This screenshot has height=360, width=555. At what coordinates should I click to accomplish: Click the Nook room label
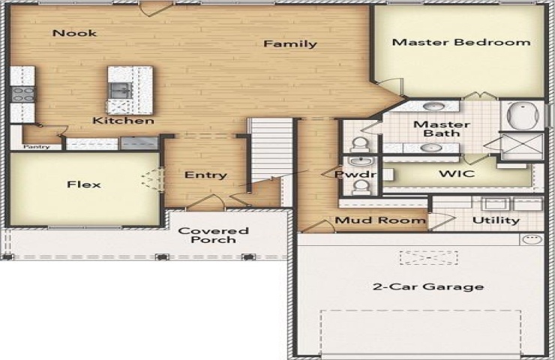(74, 33)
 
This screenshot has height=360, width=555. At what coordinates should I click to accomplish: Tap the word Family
(290, 44)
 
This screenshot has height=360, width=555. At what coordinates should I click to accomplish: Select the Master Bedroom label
(461, 43)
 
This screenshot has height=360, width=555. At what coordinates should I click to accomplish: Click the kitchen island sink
(120, 91)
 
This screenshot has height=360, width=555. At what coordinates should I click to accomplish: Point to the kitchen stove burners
(23, 94)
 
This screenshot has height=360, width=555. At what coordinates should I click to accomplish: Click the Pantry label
(37, 146)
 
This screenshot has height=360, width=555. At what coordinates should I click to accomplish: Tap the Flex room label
(84, 184)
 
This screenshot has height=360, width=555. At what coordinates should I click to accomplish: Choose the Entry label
(205, 175)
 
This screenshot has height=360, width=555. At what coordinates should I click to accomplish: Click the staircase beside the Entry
(271, 148)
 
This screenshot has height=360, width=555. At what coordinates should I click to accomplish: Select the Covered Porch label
(214, 235)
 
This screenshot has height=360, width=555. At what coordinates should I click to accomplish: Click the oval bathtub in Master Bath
(523, 115)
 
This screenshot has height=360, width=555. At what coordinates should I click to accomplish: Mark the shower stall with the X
(523, 146)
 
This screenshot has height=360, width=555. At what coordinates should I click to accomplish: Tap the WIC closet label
(457, 174)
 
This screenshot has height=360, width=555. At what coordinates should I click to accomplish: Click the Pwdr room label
(355, 174)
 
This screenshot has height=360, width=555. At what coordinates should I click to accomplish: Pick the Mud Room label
(380, 220)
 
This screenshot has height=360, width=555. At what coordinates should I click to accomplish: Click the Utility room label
(496, 220)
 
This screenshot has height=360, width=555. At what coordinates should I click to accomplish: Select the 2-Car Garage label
(428, 286)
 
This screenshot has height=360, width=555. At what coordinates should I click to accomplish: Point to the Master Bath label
(442, 129)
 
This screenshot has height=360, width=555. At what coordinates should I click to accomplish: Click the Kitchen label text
(123, 121)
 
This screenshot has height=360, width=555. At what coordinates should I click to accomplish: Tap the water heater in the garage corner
(532, 239)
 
